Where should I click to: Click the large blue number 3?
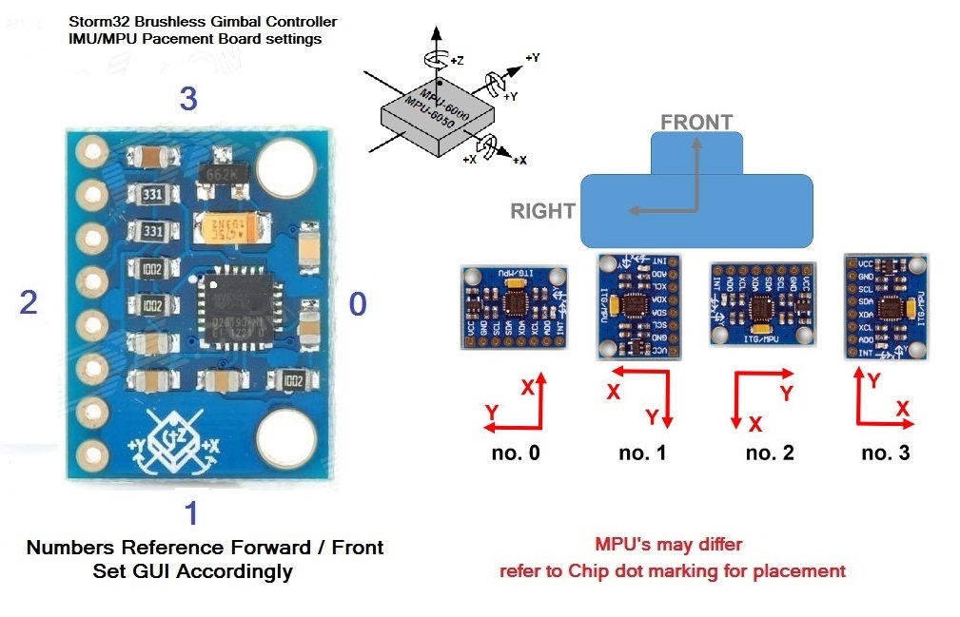pos(188,98)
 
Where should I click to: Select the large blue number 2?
pos(29,302)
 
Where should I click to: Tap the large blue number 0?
pos(357,303)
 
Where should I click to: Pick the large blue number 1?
pos(191,513)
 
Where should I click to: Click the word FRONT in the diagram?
pos(696,122)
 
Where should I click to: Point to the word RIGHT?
pos(542,211)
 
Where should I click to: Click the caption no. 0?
pos(516,453)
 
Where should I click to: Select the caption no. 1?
pos(642,453)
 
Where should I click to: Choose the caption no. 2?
pos(770,453)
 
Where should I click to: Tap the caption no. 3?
pos(885,453)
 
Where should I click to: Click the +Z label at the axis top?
pos(458,60)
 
